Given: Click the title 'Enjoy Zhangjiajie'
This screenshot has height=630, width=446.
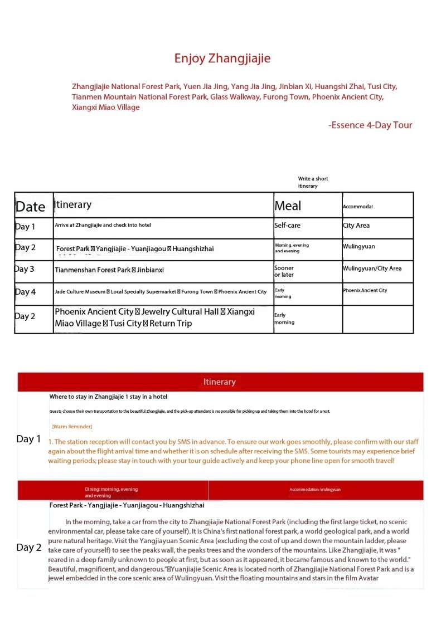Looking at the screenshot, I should click(x=222, y=58).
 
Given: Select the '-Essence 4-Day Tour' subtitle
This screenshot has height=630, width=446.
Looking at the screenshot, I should click(x=370, y=125).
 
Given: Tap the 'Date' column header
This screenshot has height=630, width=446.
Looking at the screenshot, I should click(x=30, y=207).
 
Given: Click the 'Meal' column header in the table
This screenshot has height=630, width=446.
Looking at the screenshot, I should click(x=288, y=206).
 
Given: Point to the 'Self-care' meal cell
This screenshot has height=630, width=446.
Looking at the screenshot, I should click(x=287, y=226).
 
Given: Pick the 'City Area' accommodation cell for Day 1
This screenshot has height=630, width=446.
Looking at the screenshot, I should click(x=356, y=226).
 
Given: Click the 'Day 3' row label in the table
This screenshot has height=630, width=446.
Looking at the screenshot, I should click(x=25, y=269).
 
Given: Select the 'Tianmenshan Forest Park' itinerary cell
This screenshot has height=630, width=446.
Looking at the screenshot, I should click(x=109, y=270).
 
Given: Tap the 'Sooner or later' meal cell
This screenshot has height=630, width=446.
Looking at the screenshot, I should click(x=284, y=271).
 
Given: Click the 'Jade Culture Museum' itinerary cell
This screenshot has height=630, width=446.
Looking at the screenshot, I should click(x=161, y=291).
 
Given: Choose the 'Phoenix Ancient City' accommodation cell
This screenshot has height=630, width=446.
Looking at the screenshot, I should click(x=365, y=290).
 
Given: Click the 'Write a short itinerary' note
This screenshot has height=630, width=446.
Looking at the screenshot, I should click(x=313, y=182).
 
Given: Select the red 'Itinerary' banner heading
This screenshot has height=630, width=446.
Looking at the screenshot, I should click(x=220, y=382).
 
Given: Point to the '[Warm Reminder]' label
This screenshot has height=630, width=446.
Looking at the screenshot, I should click(x=72, y=427).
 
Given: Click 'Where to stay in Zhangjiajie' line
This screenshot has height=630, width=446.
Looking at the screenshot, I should click(x=108, y=397).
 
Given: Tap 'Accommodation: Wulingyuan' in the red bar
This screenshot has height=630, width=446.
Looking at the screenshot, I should click(x=315, y=490).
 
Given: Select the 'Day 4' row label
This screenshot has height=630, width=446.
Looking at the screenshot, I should click(x=25, y=292).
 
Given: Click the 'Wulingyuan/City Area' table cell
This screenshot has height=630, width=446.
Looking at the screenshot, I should click(x=372, y=268).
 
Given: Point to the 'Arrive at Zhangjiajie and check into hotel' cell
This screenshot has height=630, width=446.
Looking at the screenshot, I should click(x=103, y=225).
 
